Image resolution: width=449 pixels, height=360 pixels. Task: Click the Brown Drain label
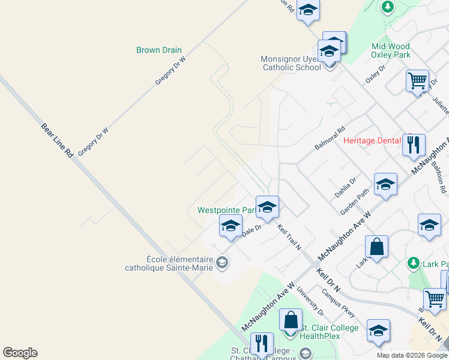pos(158,50)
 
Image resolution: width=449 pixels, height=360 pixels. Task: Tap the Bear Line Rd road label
pos(57,140)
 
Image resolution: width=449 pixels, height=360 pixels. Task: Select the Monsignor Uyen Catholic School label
pos(291,63)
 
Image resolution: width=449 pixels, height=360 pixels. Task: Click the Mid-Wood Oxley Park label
pos(391,50)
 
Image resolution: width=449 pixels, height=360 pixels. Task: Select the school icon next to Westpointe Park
pos(267,207)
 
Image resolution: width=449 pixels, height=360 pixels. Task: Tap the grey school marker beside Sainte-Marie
pos(222,263)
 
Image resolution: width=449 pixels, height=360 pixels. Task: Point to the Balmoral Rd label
pos(330,138)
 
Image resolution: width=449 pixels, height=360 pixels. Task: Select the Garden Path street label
pos(354,202)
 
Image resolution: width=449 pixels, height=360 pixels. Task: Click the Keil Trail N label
pos(289,238)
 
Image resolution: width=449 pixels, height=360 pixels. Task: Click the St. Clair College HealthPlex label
pos(328,332)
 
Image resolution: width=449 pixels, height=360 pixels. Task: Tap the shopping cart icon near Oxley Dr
pos(417,80)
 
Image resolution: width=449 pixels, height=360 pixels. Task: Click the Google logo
pos(20,353)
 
